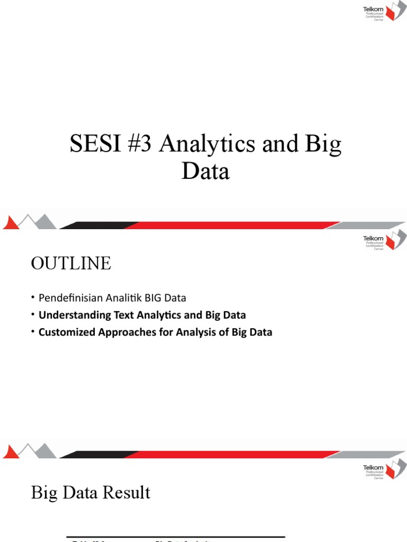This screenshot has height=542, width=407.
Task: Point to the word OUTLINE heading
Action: click(x=71, y=263)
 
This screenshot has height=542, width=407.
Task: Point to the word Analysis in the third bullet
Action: click(x=184, y=332)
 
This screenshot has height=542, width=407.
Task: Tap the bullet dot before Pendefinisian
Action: click(x=33, y=298)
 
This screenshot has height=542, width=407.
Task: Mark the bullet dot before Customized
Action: click(x=33, y=332)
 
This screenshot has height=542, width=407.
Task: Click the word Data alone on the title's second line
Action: click(x=206, y=172)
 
